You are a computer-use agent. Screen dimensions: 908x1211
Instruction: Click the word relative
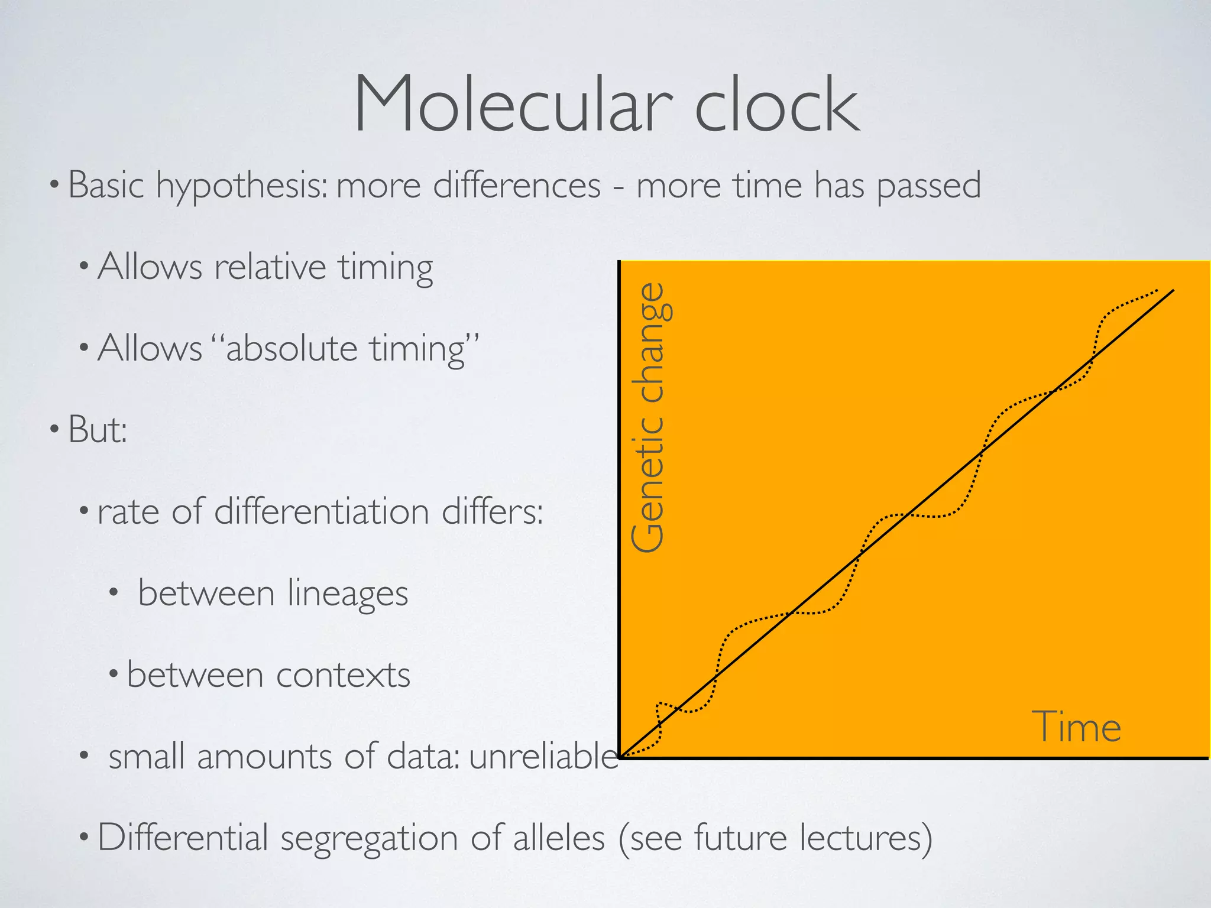(x=270, y=267)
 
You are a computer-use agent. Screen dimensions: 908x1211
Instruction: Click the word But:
(x=98, y=429)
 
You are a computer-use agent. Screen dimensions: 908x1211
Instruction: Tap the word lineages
(x=348, y=593)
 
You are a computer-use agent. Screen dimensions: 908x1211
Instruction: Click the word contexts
(x=343, y=674)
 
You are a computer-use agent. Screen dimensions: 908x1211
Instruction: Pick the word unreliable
(x=543, y=756)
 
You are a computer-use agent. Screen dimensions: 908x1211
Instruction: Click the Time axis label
(x=1076, y=727)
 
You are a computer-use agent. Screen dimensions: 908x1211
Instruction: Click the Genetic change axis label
(x=649, y=417)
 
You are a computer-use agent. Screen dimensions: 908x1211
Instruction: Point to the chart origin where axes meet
(x=620, y=757)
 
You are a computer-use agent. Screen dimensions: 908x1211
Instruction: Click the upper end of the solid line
(x=1173, y=291)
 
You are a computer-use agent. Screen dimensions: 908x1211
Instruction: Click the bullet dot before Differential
(x=84, y=837)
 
